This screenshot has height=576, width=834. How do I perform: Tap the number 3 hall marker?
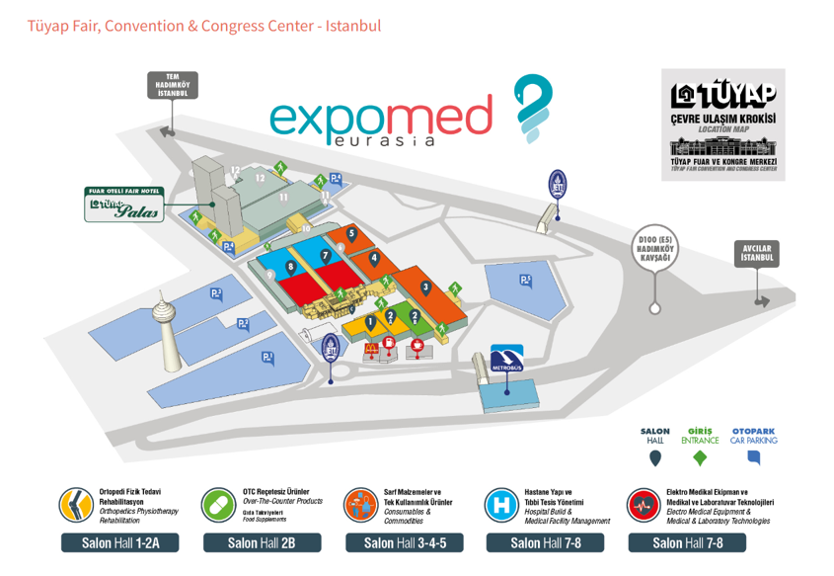pyautogui.click(x=425, y=288)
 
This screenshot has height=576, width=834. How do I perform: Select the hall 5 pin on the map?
pyautogui.click(x=351, y=234)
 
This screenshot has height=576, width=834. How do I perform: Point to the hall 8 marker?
pyautogui.click(x=290, y=267)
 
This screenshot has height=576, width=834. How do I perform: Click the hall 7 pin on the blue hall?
pyautogui.click(x=325, y=255)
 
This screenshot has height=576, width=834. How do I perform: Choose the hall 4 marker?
pyautogui.click(x=374, y=259)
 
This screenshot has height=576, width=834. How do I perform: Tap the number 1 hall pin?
pyautogui.click(x=370, y=321)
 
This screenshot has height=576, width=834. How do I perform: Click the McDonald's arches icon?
pyautogui.click(x=372, y=349)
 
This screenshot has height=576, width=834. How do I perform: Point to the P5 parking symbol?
pyautogui.click(x=526, y=281)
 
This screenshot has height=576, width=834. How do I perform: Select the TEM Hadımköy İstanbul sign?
pyautogui.click(x=173, y=86)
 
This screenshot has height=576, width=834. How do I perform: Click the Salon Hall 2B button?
pyautogui.click(x=263, y=542)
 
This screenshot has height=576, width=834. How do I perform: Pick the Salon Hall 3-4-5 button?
pyautogui.click(x=405, y=542)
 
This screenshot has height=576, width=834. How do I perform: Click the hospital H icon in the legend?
pyautogui.click(x=502, y=505)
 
